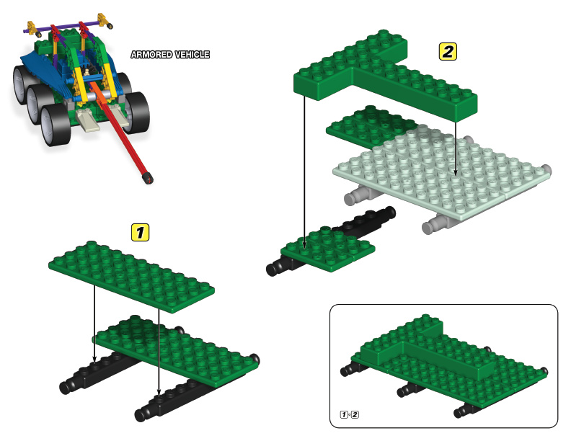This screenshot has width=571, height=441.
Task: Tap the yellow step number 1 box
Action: [x=140, y=231]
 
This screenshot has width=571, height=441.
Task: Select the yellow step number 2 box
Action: [x=448, y=51]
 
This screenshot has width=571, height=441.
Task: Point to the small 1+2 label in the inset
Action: [x=350, y=414]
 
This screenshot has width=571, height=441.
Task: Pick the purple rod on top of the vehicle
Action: [x=65, y=30]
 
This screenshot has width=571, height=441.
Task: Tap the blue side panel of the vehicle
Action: [x=44, y=73]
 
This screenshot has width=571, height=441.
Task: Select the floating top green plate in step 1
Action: [x=130, y=274]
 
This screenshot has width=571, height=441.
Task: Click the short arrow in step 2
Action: [x=456, y=144]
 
